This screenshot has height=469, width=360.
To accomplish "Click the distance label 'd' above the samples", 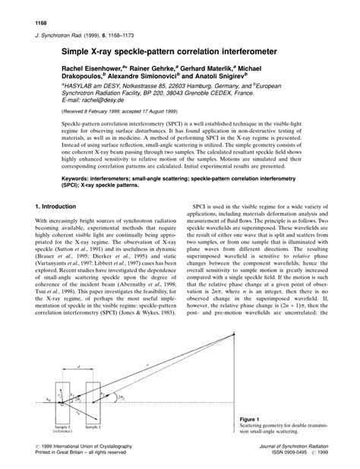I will [x=80, y=369].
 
